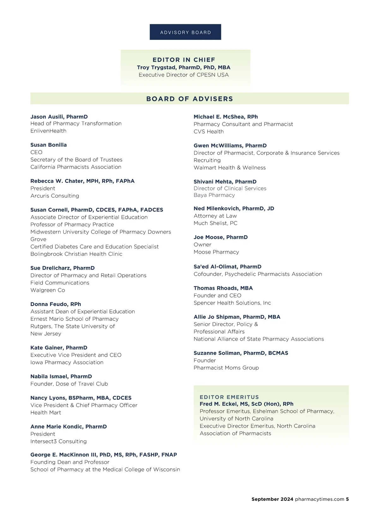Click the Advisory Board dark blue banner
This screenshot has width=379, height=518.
point(185,32)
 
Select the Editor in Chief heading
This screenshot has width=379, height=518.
point(184,60)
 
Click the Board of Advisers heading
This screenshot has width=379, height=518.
point(189,99)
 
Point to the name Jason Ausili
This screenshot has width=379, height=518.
point(47,117)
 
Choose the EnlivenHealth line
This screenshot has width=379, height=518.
point(48,131)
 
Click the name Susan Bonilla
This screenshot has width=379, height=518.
point(49,145)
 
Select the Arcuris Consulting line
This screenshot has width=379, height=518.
point(55,196)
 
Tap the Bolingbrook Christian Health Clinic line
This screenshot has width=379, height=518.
point(76,254)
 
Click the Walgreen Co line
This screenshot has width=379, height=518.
point(48,290)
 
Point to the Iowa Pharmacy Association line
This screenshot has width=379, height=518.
point(67,362)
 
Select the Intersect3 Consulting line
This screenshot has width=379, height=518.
point(58,441)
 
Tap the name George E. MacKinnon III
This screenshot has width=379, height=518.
point(63,455)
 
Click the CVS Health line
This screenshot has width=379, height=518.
point(208,132)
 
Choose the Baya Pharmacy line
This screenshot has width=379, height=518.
point(214,195)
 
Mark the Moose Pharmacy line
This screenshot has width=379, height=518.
point(216,252)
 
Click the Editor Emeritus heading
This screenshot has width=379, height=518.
point(229,397)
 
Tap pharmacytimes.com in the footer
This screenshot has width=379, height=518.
point(319,499)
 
